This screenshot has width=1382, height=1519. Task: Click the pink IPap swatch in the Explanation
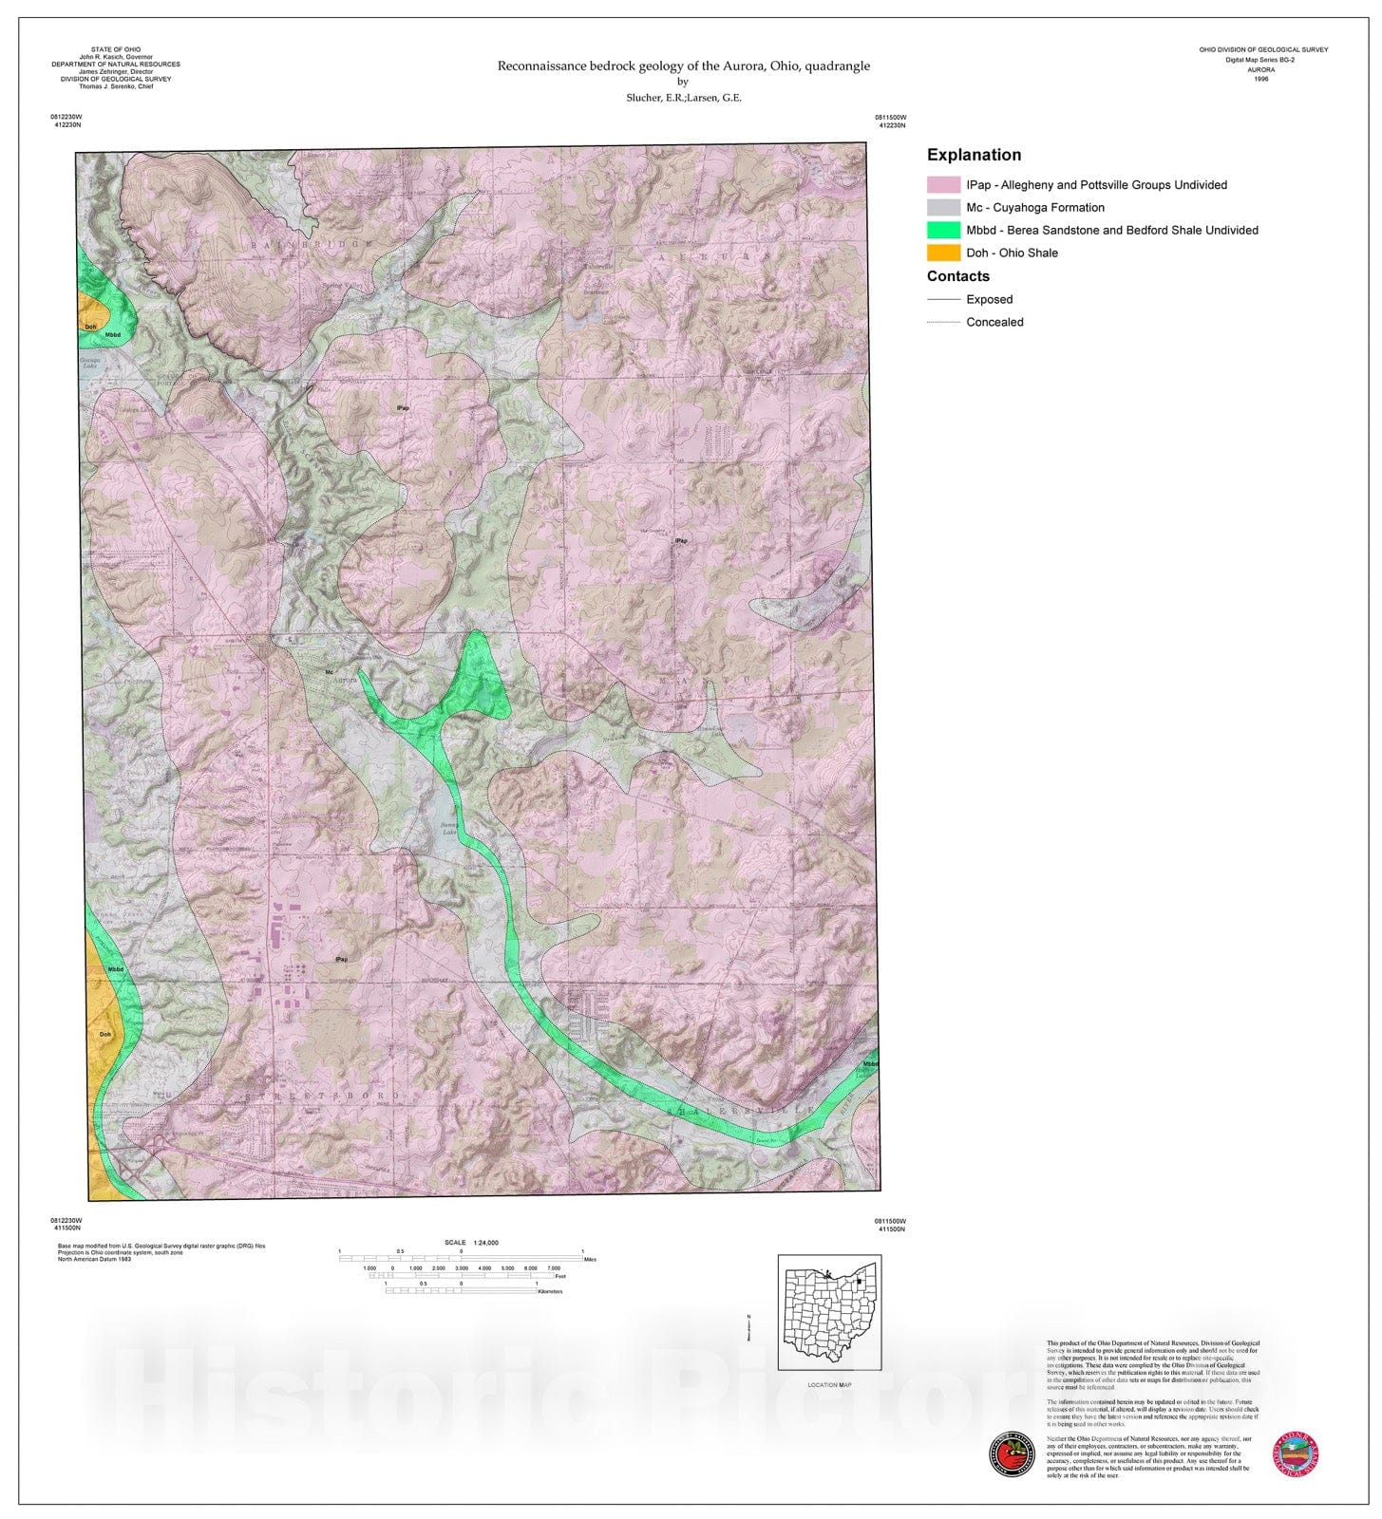943,185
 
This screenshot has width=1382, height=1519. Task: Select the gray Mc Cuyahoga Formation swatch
943,207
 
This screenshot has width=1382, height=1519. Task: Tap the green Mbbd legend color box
943,230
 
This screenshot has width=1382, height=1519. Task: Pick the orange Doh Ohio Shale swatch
943,253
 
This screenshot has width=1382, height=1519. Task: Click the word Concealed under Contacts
994,322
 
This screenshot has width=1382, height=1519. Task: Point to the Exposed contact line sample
943,299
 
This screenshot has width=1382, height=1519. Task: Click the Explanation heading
974,155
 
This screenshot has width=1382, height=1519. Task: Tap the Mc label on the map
330,672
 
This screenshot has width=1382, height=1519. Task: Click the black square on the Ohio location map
860,1282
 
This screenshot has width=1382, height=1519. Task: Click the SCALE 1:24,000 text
471,1242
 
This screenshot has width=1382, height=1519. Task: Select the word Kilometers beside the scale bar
550,1291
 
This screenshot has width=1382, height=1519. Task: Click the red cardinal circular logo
1011,1453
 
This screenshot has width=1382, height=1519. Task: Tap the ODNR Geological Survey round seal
1296,1453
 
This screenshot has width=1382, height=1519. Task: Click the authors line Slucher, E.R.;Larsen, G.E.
684,98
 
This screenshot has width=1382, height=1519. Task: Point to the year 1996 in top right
1260,79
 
